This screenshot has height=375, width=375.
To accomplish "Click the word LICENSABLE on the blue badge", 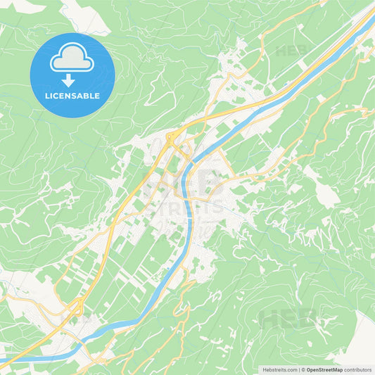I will pos(72,96).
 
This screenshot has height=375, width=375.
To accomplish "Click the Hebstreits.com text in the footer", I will pos(280,369).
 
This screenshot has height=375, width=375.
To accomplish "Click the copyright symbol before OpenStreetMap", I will pos(303,369).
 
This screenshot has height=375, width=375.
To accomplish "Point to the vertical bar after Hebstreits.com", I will pos(299,369).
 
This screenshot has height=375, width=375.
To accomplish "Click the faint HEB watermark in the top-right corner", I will pos(291,51).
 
